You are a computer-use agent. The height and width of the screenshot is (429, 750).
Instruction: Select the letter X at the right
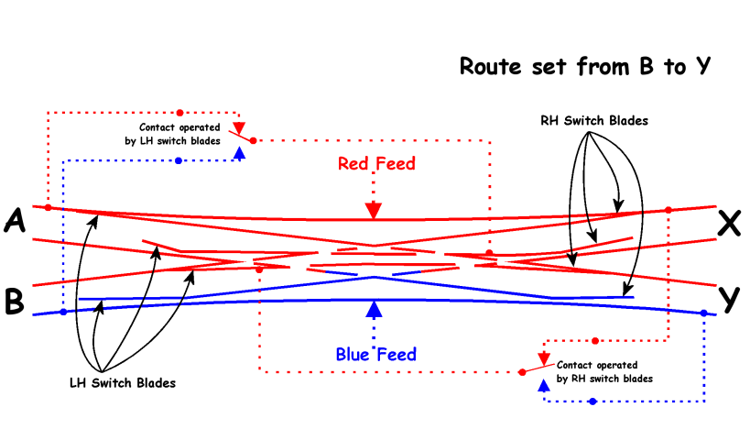pos(728,223)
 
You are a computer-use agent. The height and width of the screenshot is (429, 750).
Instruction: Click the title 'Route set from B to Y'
pos(585,67)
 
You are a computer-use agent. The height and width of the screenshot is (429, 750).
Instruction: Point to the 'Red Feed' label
pos(376,164)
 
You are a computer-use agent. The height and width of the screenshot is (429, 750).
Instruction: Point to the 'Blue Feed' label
pos(375,354)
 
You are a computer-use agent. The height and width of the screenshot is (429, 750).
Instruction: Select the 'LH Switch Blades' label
pos(123,382)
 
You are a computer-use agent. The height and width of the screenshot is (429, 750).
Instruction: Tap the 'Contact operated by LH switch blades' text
pos(179,134)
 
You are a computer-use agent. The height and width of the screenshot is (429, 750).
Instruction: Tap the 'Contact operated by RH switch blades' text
pos(604,371)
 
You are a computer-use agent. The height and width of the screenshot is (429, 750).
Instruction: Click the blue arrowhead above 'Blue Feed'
pos(374,309)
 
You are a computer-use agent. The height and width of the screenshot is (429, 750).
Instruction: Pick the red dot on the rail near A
pos(48,208)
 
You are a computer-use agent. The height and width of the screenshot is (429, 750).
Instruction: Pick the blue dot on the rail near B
pos(62,312)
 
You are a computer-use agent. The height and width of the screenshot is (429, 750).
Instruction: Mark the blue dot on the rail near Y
pos(703,313)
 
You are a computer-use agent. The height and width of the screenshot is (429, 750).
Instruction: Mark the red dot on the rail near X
pos(668,211)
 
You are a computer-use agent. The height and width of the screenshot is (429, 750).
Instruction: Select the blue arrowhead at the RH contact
pos(544,386)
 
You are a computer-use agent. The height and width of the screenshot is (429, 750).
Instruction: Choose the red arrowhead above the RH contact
pos(543,357)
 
